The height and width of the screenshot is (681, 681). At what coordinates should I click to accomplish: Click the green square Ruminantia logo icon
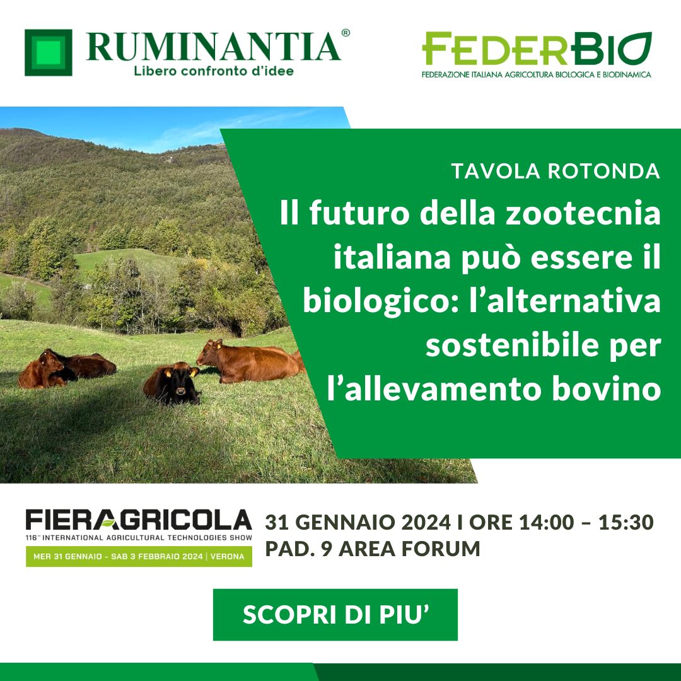point(48,52)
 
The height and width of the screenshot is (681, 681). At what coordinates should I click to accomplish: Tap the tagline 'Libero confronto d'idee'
point(214,71)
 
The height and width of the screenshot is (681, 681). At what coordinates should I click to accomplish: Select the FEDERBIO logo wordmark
point(537,48)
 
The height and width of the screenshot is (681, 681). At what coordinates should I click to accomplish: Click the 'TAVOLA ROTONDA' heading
point(556,171)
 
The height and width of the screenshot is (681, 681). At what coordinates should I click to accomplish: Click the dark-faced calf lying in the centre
point(172,383)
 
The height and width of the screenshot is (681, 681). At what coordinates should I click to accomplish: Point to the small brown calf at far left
point(42,371)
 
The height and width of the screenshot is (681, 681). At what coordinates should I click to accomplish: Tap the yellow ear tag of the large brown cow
point(218,346)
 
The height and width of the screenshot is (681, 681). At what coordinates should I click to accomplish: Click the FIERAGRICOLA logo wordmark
point(139,520)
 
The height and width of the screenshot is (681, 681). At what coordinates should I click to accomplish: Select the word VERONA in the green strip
point(227,556)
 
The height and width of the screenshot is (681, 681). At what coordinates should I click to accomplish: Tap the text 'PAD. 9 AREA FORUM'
point(373,549)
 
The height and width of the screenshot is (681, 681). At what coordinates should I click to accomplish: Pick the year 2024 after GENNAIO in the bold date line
point(426,523)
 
